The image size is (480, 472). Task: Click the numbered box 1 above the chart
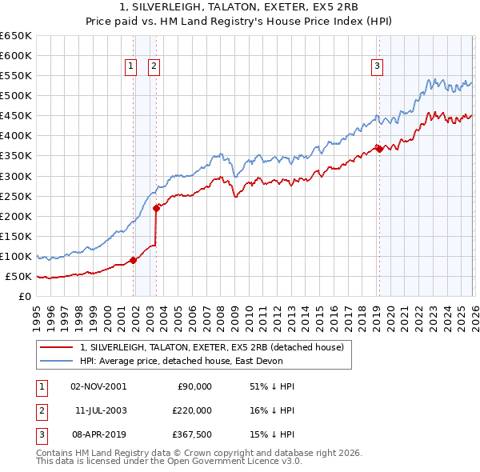click(130, 67)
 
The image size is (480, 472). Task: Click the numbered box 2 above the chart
click(154, 67)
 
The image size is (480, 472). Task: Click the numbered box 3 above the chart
click(377, 67)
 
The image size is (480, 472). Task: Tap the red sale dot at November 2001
click(133, 259)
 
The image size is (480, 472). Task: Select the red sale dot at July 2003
click(157, 207)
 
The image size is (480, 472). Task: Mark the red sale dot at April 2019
click(379, 148)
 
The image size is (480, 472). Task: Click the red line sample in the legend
click(56, 347)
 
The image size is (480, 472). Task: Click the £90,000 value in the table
click(193, 386)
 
